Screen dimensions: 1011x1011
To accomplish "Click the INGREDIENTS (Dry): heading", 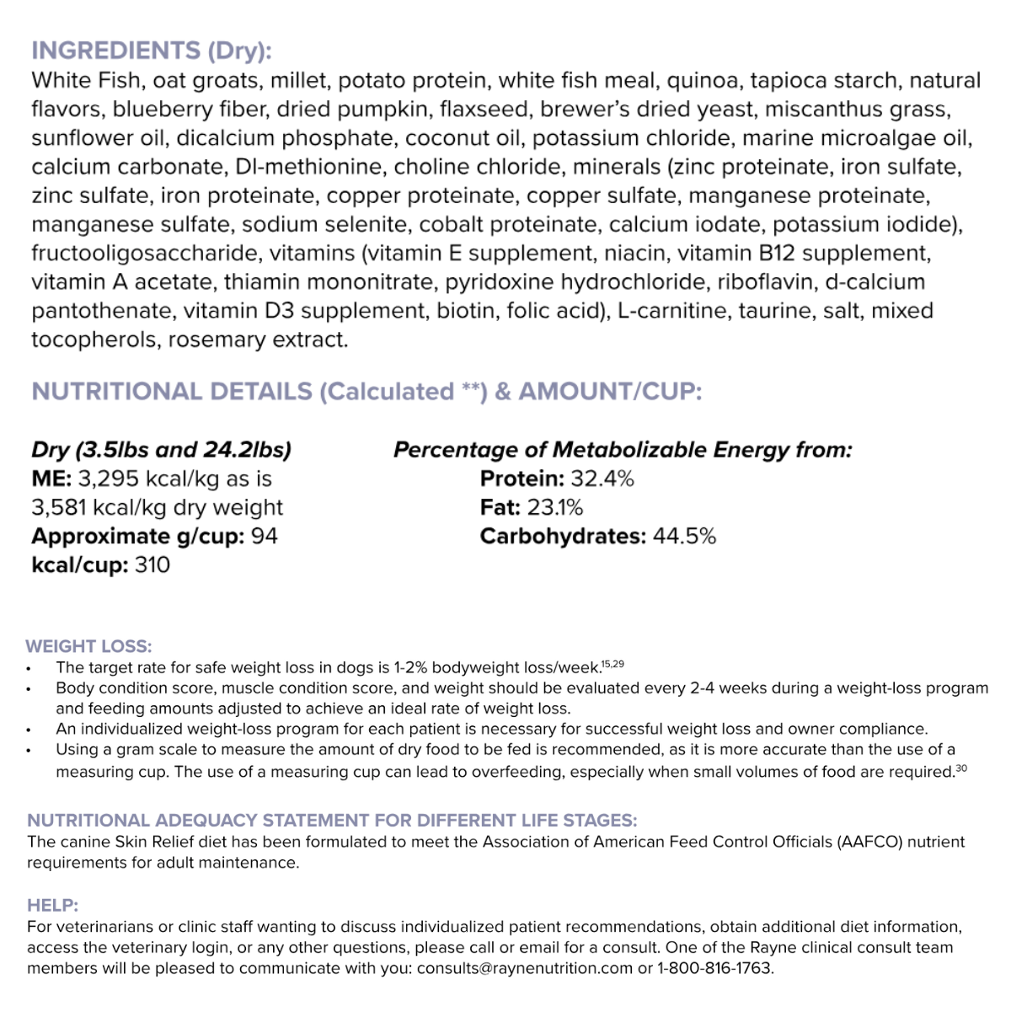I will click(x=152, y=51).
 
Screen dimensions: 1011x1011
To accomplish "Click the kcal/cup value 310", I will click(x=152, y=564).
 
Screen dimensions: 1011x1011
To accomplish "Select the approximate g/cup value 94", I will click(x=265, y=536).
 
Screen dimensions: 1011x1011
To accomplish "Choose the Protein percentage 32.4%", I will click(x=602, y=479).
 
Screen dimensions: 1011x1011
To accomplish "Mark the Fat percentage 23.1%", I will click(x=555, y=507).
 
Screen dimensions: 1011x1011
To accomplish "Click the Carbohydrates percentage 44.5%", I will click(x=684, y=536).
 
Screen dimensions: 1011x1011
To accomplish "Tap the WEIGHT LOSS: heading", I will click(x=88, y=646).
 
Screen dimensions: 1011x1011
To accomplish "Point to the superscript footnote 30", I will click(x=961, y=768).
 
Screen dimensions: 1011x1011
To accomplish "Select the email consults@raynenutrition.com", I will click(x=524, y=968).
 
